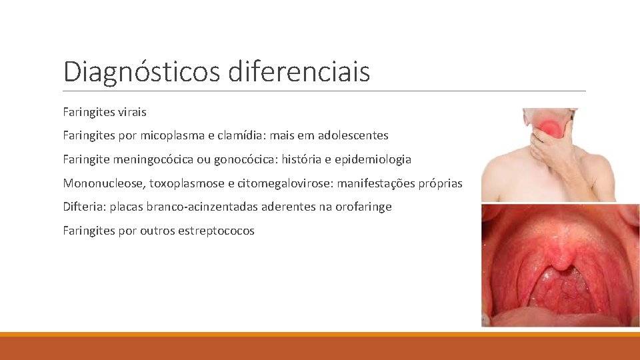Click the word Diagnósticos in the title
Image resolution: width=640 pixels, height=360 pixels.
coord(142,71)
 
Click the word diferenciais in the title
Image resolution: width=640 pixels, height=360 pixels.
coord(299,71)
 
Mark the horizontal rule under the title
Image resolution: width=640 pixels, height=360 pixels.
coord(324,91)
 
